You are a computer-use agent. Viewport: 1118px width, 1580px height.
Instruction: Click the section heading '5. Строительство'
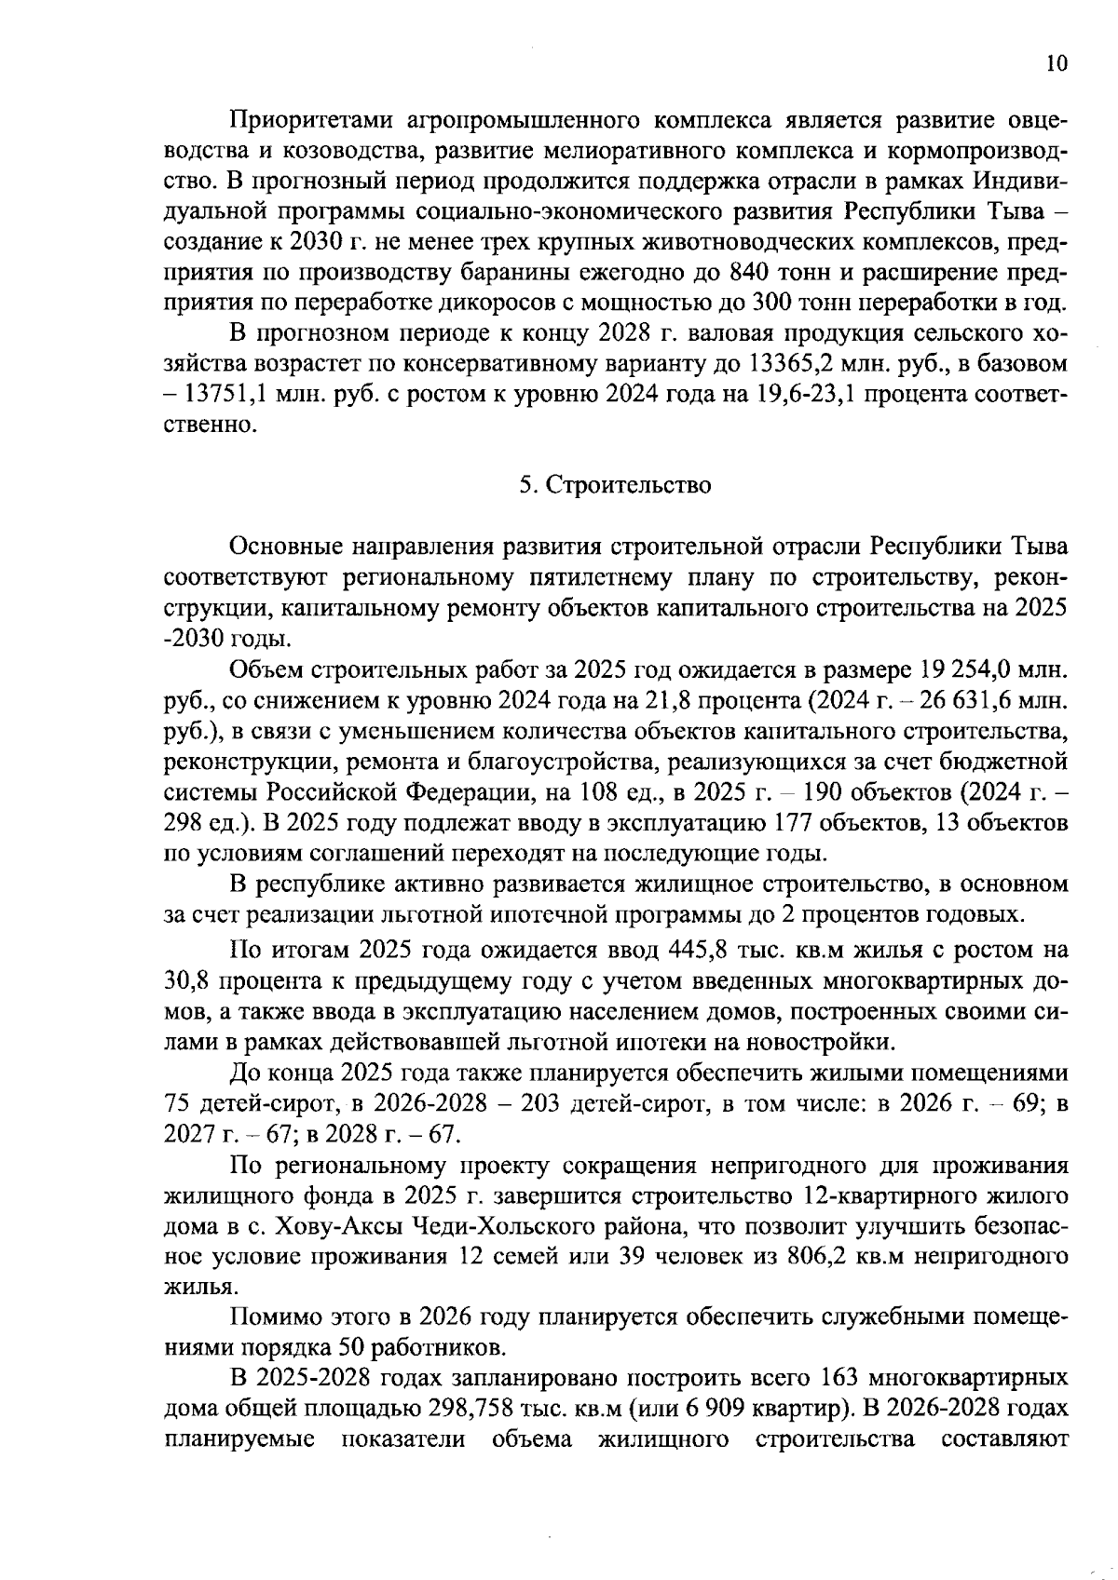615,485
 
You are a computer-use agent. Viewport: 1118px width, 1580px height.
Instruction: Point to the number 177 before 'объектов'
791,823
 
